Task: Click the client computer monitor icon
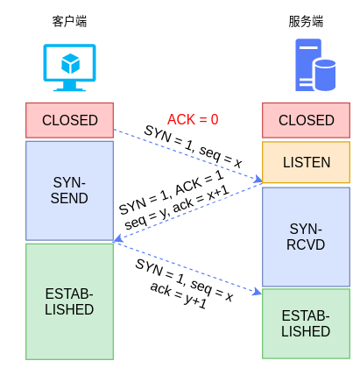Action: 70,67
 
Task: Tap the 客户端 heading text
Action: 70,20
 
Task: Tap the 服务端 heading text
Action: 307,20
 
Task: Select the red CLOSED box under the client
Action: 70,120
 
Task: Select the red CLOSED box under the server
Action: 307,120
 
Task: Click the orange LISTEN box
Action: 307,162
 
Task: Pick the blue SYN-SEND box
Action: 70,190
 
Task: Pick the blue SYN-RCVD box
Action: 307,236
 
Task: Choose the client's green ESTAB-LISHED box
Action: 70,301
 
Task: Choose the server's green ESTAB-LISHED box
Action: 307,323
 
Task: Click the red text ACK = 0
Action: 193,119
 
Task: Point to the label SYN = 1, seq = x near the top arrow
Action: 193,146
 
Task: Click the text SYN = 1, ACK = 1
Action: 171,194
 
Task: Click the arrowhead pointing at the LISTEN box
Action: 258,181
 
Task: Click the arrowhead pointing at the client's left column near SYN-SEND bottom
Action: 117,239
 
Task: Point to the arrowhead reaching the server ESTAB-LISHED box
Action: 258,293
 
